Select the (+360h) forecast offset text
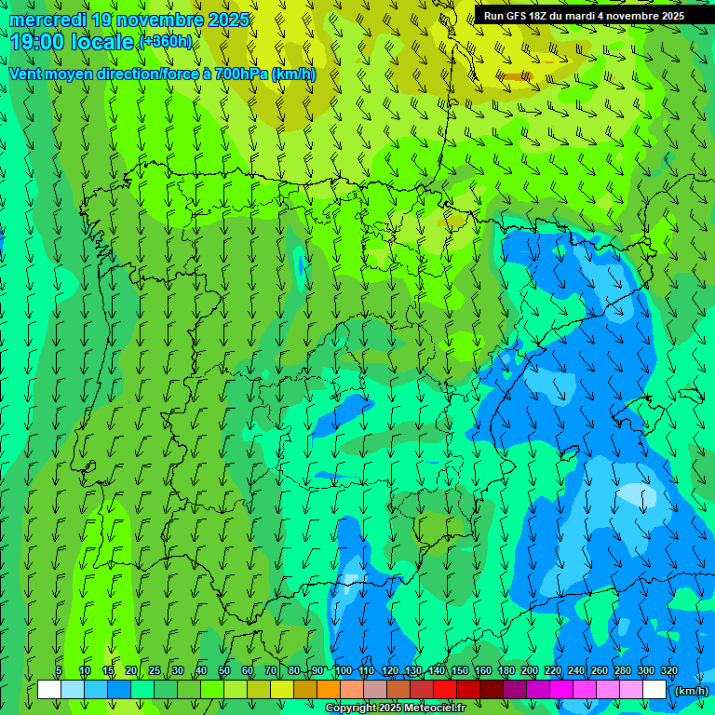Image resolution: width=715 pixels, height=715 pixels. tap(166, 42)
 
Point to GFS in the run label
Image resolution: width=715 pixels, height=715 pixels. tap(516, 15)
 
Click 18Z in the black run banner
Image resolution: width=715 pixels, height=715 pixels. tap(543, 15)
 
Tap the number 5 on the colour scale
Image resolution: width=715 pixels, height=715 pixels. tap(59, 670)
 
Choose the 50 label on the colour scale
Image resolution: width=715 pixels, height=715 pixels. tap(223, 670)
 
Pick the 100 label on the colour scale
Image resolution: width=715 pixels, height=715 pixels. tap(343, 670)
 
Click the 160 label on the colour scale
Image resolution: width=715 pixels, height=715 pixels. tap(483, 670)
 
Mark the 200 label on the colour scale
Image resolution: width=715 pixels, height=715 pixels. tap(530, 670)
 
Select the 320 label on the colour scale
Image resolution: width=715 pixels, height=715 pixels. tap(669, 670)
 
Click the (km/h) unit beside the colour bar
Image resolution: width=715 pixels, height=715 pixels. tap(691, 690)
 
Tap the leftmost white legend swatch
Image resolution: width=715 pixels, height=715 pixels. tap(49, 690)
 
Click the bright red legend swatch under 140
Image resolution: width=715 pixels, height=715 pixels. tap(445, 690)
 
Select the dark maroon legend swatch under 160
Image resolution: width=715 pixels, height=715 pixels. tap(492, 690)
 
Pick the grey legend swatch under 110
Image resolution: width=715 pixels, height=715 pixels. tap(375, 690)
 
